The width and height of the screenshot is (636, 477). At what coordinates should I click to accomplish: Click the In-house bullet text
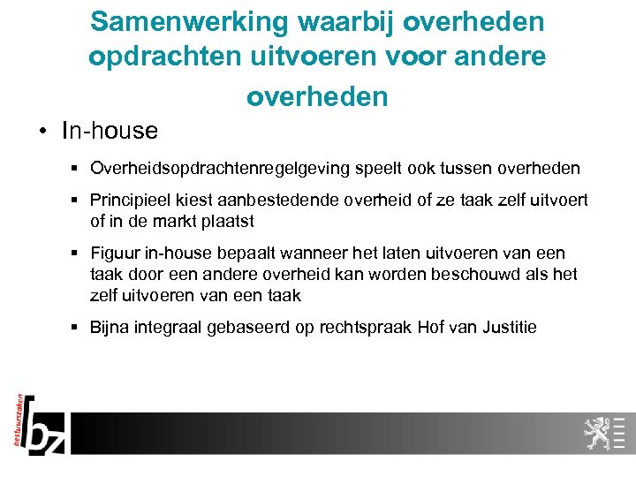pyautogui.click(x=110, y=132)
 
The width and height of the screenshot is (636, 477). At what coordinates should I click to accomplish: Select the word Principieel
pyautogui.click(x=132, y=201)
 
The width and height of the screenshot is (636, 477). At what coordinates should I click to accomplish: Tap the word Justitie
pyautogui.click(x=510, y=328)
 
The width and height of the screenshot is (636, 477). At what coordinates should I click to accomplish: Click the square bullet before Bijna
pyautogui.click(x=77, y=328)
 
